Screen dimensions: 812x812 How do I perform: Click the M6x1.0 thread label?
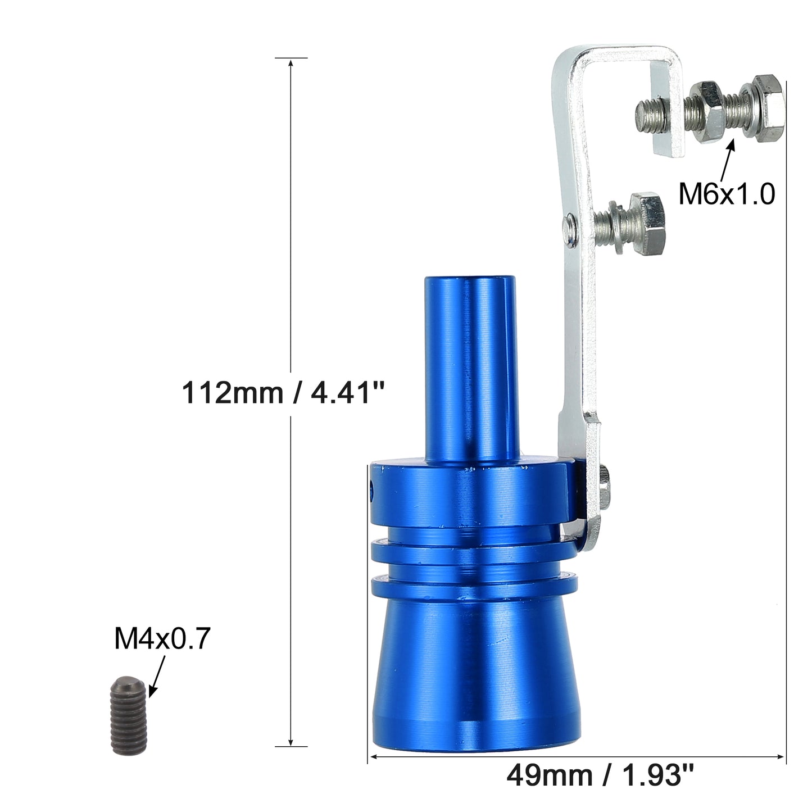point(726,194)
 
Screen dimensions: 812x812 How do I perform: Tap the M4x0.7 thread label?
point(162,639)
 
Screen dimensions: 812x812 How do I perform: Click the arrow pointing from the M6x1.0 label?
point(727,161)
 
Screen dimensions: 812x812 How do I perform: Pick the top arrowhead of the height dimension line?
point(291,62)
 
